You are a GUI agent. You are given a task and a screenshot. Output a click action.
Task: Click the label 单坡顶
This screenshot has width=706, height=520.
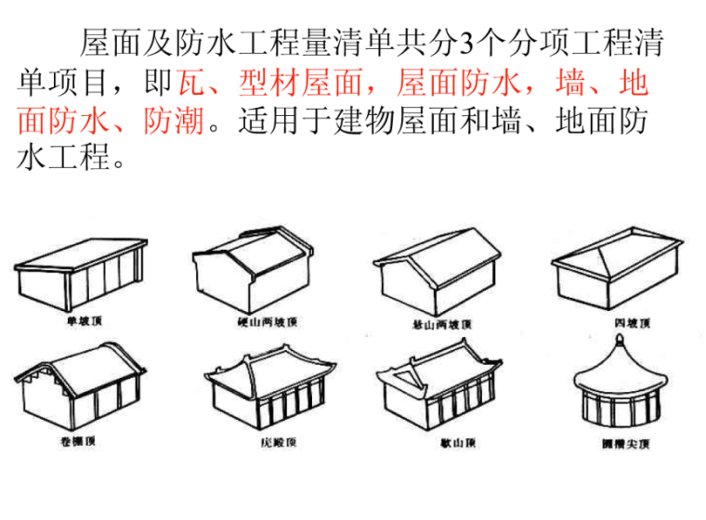pyautogui.click(x=83, y=322)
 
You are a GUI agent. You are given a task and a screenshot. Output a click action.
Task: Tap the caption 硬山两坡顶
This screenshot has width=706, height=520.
pyautogui.click(x=266, y=323)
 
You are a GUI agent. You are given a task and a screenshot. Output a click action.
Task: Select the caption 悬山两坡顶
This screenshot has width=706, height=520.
pyautogui.click(x=441, y=324)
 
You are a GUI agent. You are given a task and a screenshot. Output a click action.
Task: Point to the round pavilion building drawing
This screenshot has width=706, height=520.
pyautogui.click(x=619, y=390)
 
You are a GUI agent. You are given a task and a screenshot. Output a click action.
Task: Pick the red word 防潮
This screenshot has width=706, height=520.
pyautogui.click(x=174, y=122)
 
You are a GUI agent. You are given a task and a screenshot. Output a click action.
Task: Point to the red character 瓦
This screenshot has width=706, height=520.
pyautogui.click(x=190, y=84)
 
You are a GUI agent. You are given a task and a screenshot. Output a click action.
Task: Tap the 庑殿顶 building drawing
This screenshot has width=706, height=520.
pyautogui.click(x=269, y=390)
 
